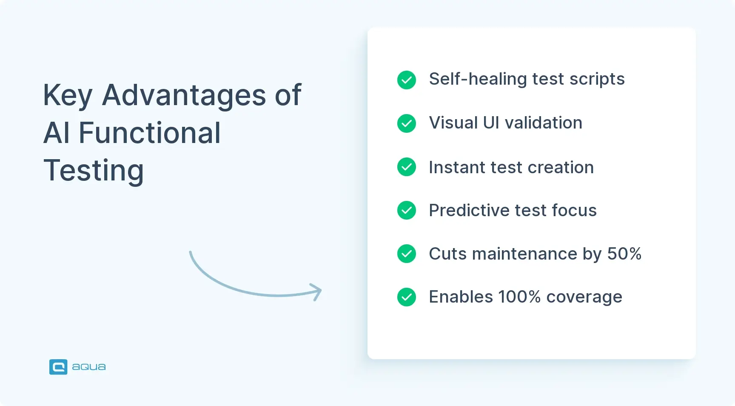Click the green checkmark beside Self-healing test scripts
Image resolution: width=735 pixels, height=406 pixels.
click(x=406, y=80)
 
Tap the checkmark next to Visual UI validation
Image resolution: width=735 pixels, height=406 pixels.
click(x=406, y=123)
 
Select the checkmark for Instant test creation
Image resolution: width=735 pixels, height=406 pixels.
click(x=406, y=167)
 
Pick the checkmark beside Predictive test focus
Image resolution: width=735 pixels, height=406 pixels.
click(x=406, y=210)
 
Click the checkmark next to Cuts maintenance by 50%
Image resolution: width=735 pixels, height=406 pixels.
click(x=406, y=254)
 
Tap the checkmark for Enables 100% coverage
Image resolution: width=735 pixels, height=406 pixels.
click(x=406, y=297)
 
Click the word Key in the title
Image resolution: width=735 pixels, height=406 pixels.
click(x=68, y=96)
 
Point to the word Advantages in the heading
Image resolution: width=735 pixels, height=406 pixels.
click(x=184, y=95)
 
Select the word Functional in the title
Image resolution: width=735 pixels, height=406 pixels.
click(x=150, y=133)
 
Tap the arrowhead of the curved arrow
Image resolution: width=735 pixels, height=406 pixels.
click(x=317, y=292)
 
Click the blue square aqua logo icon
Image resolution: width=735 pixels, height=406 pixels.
click(x=58, y=367)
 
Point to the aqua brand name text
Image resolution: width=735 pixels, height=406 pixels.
click(x=89, y=367)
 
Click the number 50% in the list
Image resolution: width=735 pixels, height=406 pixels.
click(x=624, y=254)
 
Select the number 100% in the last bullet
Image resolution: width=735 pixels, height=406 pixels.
click(x=519, y=297)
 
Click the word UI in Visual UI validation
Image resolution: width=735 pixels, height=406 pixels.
click(x=491, y=123)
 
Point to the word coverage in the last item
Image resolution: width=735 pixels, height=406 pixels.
click(x=584, y=297)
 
